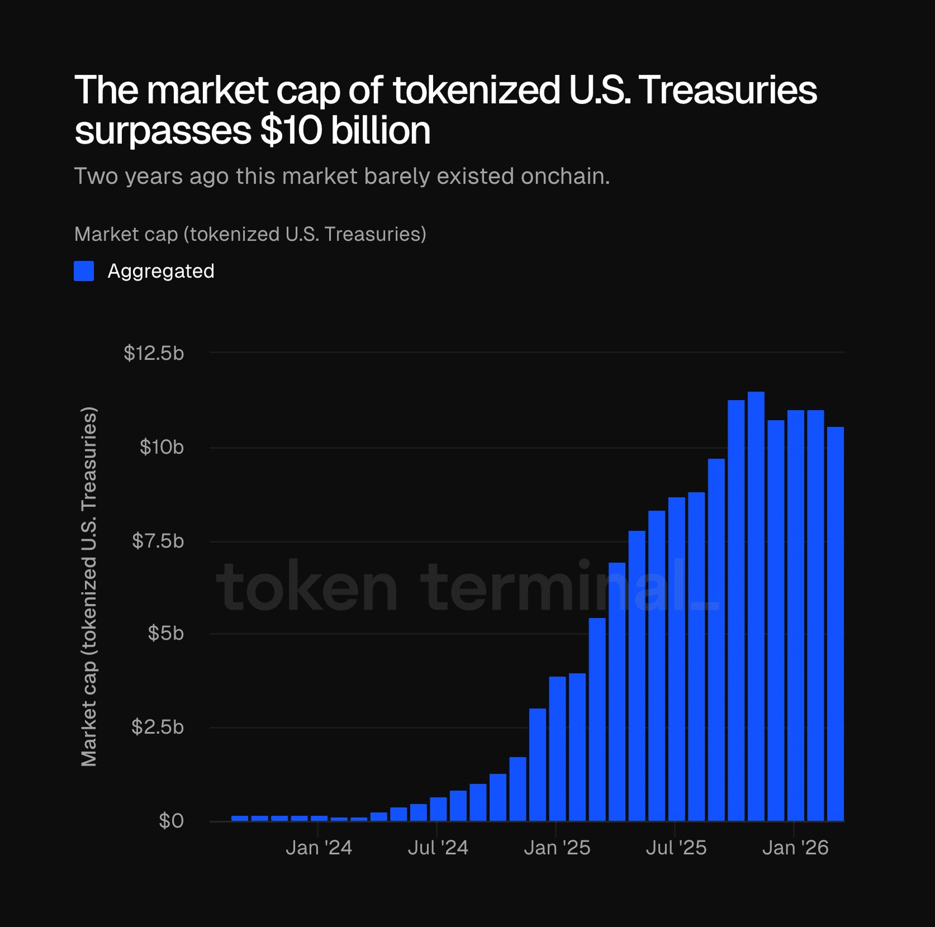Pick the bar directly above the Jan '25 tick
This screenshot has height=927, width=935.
coord(557,749)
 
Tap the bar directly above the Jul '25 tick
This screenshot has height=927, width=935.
coord(676,659)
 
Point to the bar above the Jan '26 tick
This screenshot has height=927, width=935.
coord(795,615)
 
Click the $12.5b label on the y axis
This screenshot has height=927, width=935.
coord(154,353)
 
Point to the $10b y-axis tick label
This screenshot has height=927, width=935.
coord(162,447)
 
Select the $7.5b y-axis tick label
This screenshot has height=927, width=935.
coord(158,541)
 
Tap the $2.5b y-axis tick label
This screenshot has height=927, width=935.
coord(158,727)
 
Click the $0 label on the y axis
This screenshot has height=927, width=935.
coord(171,821)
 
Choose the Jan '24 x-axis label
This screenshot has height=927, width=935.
coord(319,848)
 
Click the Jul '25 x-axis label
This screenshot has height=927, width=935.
coord(676,848)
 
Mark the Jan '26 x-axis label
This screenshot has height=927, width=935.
coord(795,848)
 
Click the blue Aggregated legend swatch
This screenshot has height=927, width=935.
coord(84,271)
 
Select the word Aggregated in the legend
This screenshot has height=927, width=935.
coord(161,271)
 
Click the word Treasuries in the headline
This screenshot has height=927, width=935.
coord(728,91)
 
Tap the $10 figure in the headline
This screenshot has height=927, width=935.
coord(291,131)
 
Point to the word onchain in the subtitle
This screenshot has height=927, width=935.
coord(564,177)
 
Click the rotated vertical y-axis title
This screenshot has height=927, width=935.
coord(89,587)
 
